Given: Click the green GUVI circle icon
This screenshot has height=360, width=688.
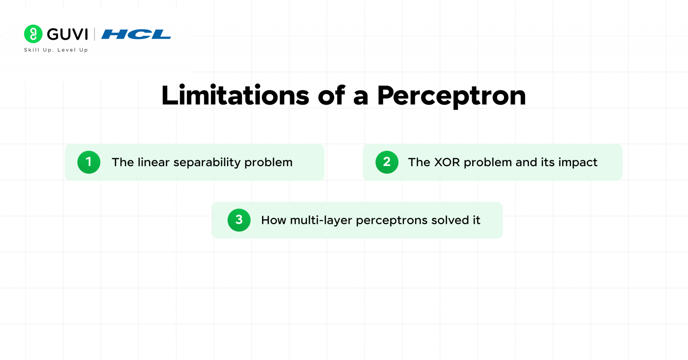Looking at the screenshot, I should pos(33,34).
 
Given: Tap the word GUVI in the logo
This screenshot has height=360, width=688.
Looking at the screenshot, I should pos(68,34).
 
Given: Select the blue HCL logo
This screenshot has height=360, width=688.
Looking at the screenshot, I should pos(136,34).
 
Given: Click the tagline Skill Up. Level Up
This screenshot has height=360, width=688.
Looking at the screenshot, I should pos(56,50).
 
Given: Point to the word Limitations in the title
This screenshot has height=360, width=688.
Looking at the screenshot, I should pos(235,96).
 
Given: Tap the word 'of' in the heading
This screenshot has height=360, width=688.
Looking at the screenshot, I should pos(331,96).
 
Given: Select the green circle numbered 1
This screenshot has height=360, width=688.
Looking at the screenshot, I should pos(89,162).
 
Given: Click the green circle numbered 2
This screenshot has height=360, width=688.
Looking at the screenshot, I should pos(387,162).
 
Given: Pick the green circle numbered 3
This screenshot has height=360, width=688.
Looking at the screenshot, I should pos(239,220).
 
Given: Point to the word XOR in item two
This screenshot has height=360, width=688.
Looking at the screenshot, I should pos(447,162).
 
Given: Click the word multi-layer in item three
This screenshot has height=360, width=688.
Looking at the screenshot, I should pos(321,221).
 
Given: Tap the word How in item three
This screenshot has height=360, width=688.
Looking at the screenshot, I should pos(273,220).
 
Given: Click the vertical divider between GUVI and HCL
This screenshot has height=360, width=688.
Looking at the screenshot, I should pos(94,34).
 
